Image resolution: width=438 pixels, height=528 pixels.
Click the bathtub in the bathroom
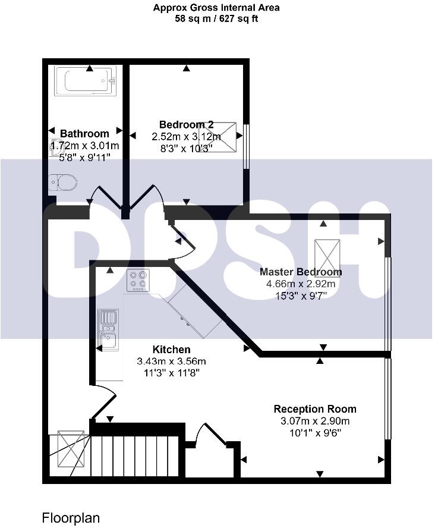pos(85,81)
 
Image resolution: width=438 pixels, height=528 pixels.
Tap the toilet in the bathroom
pos(62,181)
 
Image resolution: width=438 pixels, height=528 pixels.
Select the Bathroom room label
pos(85,134)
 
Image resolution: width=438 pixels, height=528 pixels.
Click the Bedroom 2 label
pos(187,125)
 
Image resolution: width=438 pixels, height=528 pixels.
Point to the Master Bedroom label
pos(301,272)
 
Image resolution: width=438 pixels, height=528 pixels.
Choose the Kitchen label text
pos(172,350)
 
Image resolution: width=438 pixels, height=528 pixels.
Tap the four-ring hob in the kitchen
pos(138,279)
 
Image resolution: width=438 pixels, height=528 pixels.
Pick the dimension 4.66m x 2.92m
pos(301,284)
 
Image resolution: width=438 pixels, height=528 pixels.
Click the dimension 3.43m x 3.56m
pos(172,362)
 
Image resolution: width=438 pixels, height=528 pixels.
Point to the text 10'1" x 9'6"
pos(315,433)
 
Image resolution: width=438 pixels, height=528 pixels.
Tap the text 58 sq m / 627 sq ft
pos(216,18)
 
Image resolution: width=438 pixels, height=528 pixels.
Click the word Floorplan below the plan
pos(71,517)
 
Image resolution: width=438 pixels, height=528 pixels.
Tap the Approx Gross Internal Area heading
pos(216,8)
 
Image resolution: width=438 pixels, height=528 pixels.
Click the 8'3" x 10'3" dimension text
pos(187,149)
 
